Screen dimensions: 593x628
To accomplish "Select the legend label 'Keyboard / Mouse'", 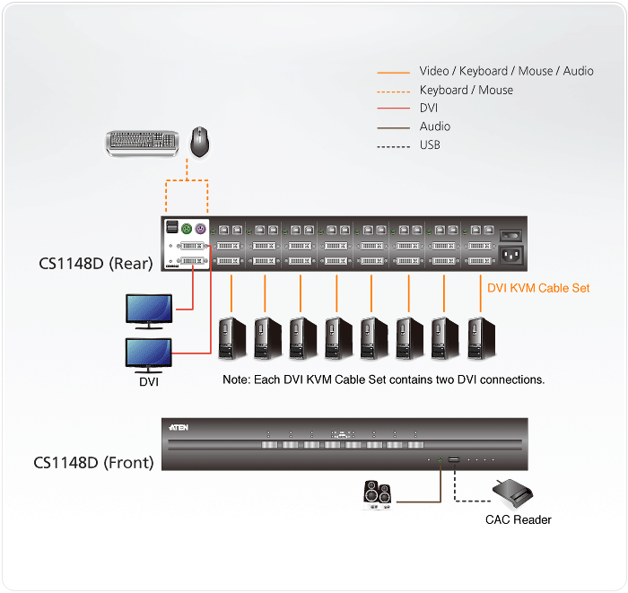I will point(466,90).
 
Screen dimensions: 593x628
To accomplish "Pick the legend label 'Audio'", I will point(435,126).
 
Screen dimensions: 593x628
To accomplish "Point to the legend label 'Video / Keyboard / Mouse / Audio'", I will point(506,71).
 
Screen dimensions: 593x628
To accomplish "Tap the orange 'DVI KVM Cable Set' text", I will point(538,289).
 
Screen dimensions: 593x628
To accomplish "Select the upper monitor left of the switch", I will point(150,309).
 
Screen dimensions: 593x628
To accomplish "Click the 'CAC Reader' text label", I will point(518,519).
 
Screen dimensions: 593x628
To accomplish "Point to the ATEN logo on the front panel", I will point(178,429).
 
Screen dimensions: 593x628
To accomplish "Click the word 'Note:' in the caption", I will point(237,380).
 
